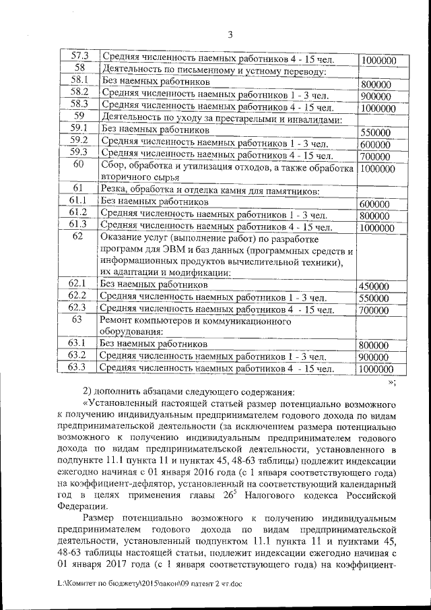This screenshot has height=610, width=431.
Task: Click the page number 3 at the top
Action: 230,35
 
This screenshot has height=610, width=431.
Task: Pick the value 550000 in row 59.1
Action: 375,133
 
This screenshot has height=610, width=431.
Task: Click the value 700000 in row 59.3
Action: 375,157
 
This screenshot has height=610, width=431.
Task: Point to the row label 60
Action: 79,165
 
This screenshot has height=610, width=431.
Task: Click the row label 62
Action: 79,237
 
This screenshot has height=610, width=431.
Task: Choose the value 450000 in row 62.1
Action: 374,286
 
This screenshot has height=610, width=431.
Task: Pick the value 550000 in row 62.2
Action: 374,299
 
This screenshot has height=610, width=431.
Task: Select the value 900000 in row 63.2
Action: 375,357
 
